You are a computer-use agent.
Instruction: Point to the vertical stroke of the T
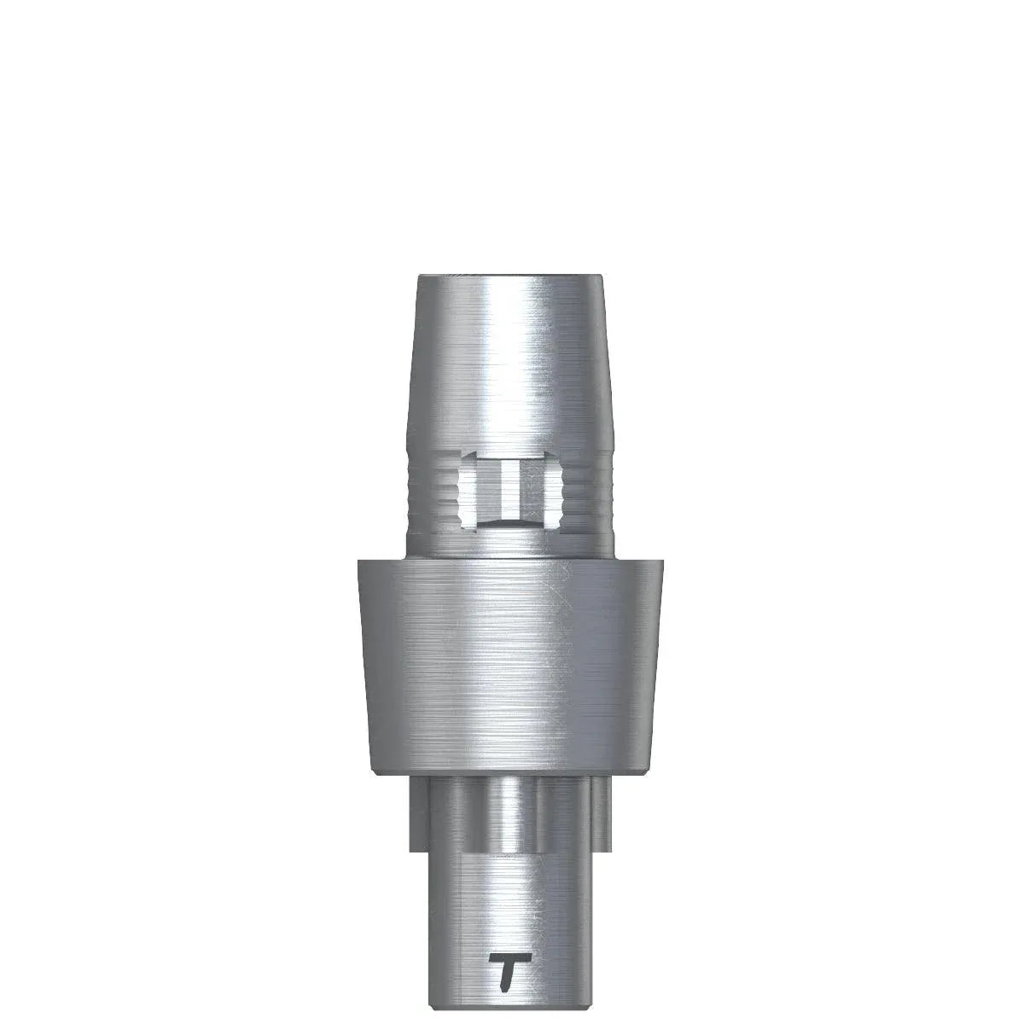tap(507, 977)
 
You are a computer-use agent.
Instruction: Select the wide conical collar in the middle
tap(509, 657)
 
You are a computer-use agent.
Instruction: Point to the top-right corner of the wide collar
tap(663, 560)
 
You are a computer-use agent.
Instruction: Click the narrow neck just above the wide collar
tap(509, 546)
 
